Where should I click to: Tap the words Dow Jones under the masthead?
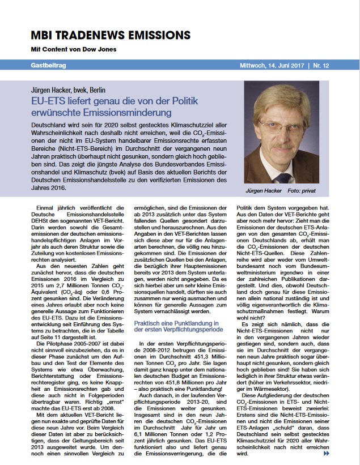click(x=103, y=49)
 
